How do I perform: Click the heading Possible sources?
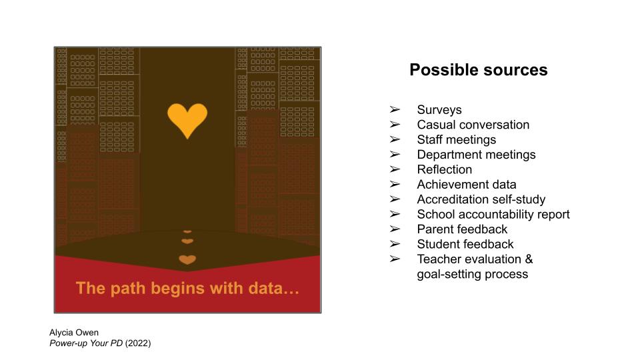[x=479, y=70]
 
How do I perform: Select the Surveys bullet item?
[x=439, y=110]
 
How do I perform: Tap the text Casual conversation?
[x=473, y=125]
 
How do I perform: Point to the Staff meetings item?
[x=456, y=139]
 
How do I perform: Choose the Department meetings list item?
[x=476, y=155]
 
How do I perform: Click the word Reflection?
[x=445, y=169]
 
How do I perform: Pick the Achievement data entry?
[x=467, y=185]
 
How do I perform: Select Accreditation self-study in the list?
[x=481, y=199]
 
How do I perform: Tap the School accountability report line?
[x=493, y=214]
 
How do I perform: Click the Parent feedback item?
[x=462, y=229]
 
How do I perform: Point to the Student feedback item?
[x=465, y=244]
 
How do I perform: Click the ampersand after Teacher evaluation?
[x=529, y=259]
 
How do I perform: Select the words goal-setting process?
[x=472, y=274]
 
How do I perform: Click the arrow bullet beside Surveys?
[x=395, y=109]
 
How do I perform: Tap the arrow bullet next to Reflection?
[x=395, y=169]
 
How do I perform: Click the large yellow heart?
[x=187, y=120]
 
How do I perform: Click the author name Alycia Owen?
[x=74, y=333]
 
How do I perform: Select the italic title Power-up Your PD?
[x=86, y=343]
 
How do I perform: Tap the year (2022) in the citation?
[x=138, y=343]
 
